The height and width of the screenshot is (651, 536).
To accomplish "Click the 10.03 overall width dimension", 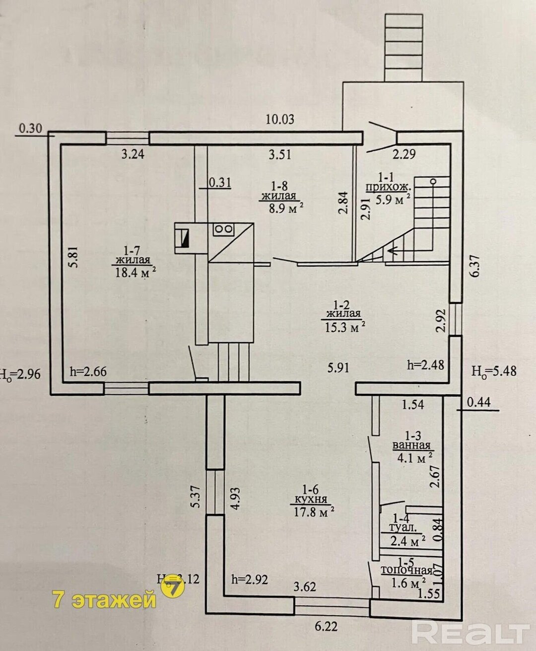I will tap(280, 119).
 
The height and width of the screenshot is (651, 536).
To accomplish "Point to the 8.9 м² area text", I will tap(286, 209).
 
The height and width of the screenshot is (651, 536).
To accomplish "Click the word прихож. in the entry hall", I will tap(388, 187).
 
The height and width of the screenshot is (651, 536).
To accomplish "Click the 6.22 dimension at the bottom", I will tap(326, 627).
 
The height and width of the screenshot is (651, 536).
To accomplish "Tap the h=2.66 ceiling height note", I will tap(88, 370).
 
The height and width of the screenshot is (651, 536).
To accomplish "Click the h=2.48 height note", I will tap(425, 365).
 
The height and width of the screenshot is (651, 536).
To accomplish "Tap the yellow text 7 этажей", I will tap(104, 600).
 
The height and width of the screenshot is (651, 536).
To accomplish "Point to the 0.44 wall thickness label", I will tap(479, 401).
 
